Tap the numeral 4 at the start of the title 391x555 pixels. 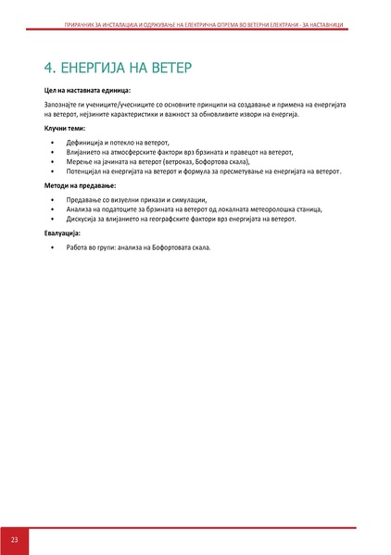click(49, 68)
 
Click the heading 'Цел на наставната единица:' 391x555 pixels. click(87, 91)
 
